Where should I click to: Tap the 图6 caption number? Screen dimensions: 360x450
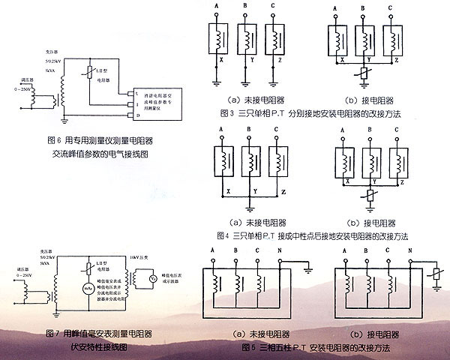coord(52,140)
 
